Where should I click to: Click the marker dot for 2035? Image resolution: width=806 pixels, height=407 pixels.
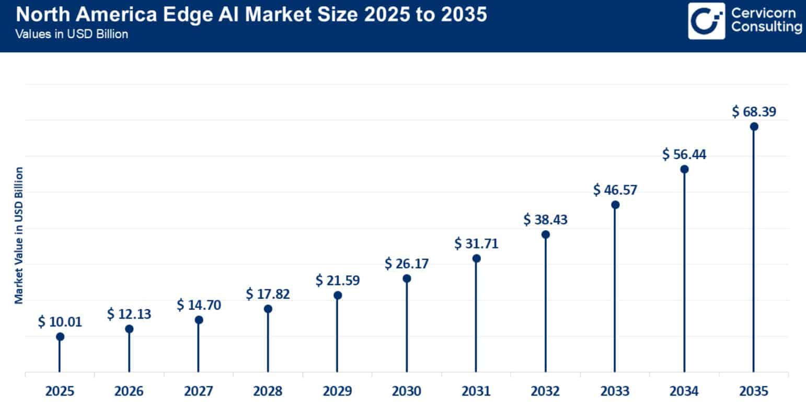point(753,127)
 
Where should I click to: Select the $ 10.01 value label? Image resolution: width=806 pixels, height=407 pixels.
point(60,322)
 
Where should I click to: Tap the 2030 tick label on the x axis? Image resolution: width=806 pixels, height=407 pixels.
point(406,391)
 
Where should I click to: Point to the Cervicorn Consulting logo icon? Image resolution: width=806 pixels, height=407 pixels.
point(706,21)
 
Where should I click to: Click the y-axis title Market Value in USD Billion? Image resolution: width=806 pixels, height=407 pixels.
point(19,235)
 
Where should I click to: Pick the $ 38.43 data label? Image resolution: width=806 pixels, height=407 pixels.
point(545,219)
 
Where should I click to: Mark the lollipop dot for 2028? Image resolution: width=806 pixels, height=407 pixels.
point(268,309)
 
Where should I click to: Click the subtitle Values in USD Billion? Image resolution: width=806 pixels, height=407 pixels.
point(72,35)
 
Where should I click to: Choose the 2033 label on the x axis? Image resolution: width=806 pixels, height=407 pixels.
point(614,391)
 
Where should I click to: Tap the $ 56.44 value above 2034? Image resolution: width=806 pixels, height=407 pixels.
point(684,154)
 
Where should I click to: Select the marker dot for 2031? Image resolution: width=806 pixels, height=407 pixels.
point(476,258)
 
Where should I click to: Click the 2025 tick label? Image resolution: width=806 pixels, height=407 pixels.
point(60,391)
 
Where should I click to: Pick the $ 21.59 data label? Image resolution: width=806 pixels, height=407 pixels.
point(337,280)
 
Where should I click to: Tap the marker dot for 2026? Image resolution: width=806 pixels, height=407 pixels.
point(129,329)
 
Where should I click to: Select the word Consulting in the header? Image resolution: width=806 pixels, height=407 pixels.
point(766,28)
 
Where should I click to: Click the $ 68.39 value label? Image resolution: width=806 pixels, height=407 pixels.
point(753,111)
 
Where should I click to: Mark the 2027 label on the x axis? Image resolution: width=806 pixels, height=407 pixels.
point(198,391)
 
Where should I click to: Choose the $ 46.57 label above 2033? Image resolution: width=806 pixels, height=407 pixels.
point(615,189)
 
